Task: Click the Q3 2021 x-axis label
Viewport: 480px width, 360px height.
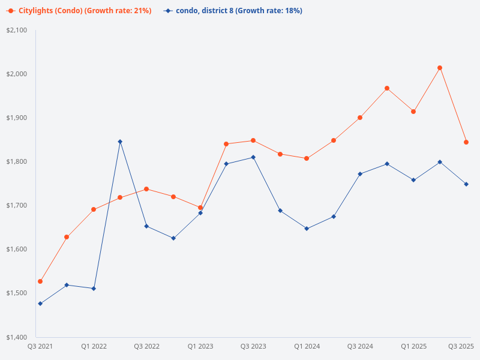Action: (x=40, y=346)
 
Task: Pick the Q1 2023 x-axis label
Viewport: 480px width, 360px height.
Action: (x=200, y=346)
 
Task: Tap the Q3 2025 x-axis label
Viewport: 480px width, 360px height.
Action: (x=461, y=346)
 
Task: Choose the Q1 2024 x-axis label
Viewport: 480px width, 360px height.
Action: (x=307, y=346)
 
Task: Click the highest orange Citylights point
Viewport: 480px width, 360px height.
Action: (x=440, y=68)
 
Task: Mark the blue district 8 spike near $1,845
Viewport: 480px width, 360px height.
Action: (x=120, y=142)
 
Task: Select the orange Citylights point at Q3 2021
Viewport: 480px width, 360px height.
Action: (x=40, y=281)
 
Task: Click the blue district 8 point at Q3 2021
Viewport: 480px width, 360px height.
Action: (x=40, y=304)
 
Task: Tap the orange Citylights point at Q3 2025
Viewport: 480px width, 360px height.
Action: (x=466, y=142)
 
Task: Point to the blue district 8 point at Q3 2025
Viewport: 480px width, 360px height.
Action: (x=466, y=184)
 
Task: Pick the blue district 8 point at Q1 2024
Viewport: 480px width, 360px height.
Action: (x=307, y=229)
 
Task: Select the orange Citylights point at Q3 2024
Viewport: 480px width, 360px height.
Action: (x=360, y=118)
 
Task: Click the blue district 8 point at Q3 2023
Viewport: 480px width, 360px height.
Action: (x=253, y=157)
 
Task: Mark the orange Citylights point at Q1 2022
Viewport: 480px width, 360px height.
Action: (x=94, y=209)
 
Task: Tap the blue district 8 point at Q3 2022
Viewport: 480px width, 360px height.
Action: (x=146, y=226)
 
